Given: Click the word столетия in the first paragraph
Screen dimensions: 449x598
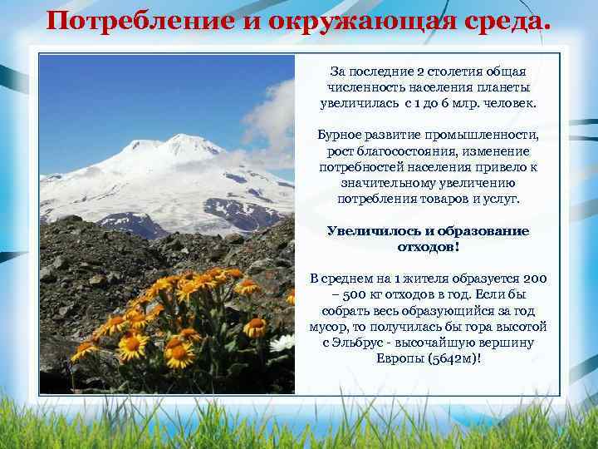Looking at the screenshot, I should [x=453, y=72].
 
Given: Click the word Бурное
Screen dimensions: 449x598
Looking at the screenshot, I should [x=340, y=136].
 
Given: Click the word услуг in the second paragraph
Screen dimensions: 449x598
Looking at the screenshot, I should [x=498, y=199].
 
